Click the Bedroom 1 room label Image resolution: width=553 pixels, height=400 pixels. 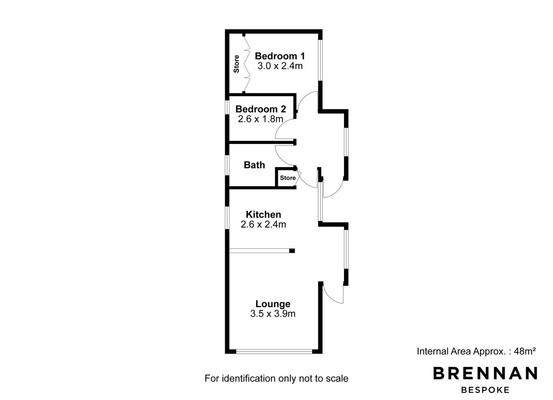(x=280, y=56)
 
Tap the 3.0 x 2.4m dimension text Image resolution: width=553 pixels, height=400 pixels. (x=280, y=66)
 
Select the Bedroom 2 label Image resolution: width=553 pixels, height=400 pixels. (x=260, y=109)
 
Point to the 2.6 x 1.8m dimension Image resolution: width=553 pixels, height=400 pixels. (x=260, y=119)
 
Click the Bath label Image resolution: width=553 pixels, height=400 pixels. (x=254, y=165)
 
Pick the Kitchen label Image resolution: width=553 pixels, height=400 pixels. (x=263, y=214)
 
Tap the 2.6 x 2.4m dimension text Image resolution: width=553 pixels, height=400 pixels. (x=263, y=224)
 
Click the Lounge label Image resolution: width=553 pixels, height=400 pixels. (x=273, y=304)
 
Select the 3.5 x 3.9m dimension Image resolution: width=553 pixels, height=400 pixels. (x=273, y=314)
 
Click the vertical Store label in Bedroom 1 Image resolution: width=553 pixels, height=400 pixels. (x=236, y=64)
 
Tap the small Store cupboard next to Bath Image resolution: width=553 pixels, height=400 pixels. (x=287, y=178)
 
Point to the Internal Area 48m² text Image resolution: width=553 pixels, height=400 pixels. (x=476, y=351)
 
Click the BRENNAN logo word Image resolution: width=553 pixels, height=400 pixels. (x=485, y=373)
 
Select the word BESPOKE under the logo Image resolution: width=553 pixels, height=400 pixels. (x=485, y=390)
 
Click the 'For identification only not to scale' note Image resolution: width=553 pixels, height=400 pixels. (x=276, y=379)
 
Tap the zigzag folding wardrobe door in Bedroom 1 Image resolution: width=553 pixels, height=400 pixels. (x=247, y=64)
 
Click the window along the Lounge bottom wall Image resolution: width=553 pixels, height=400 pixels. (x=274, y=351)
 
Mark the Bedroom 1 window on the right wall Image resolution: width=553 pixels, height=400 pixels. (x=320, y=60)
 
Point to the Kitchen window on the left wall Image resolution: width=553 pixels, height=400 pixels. (x=227, y=217)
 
